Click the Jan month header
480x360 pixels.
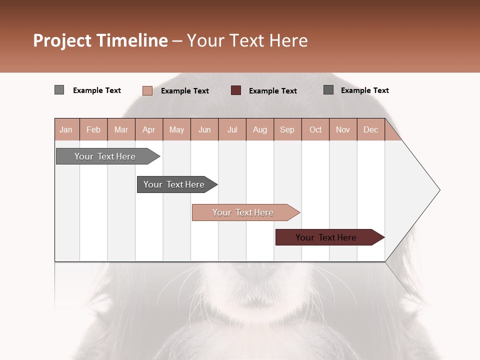(66, 129)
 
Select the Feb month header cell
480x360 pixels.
(93, 129)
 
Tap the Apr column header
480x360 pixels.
(149, 129)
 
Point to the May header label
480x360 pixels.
(176, 129)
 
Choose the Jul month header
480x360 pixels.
(232, 129)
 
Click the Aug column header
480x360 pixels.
(260, 129)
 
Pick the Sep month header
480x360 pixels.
(287, 129)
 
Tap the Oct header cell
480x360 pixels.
(315, 129)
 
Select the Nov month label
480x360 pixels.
(343, 129)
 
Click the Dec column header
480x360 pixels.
(371, 129)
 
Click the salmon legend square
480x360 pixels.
(147, 90)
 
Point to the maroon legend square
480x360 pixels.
(236, 90)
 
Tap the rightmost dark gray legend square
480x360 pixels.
(328, 90)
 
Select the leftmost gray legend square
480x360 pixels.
(59, 90)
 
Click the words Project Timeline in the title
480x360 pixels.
(100, 40)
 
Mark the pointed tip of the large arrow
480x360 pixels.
(439, 190)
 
